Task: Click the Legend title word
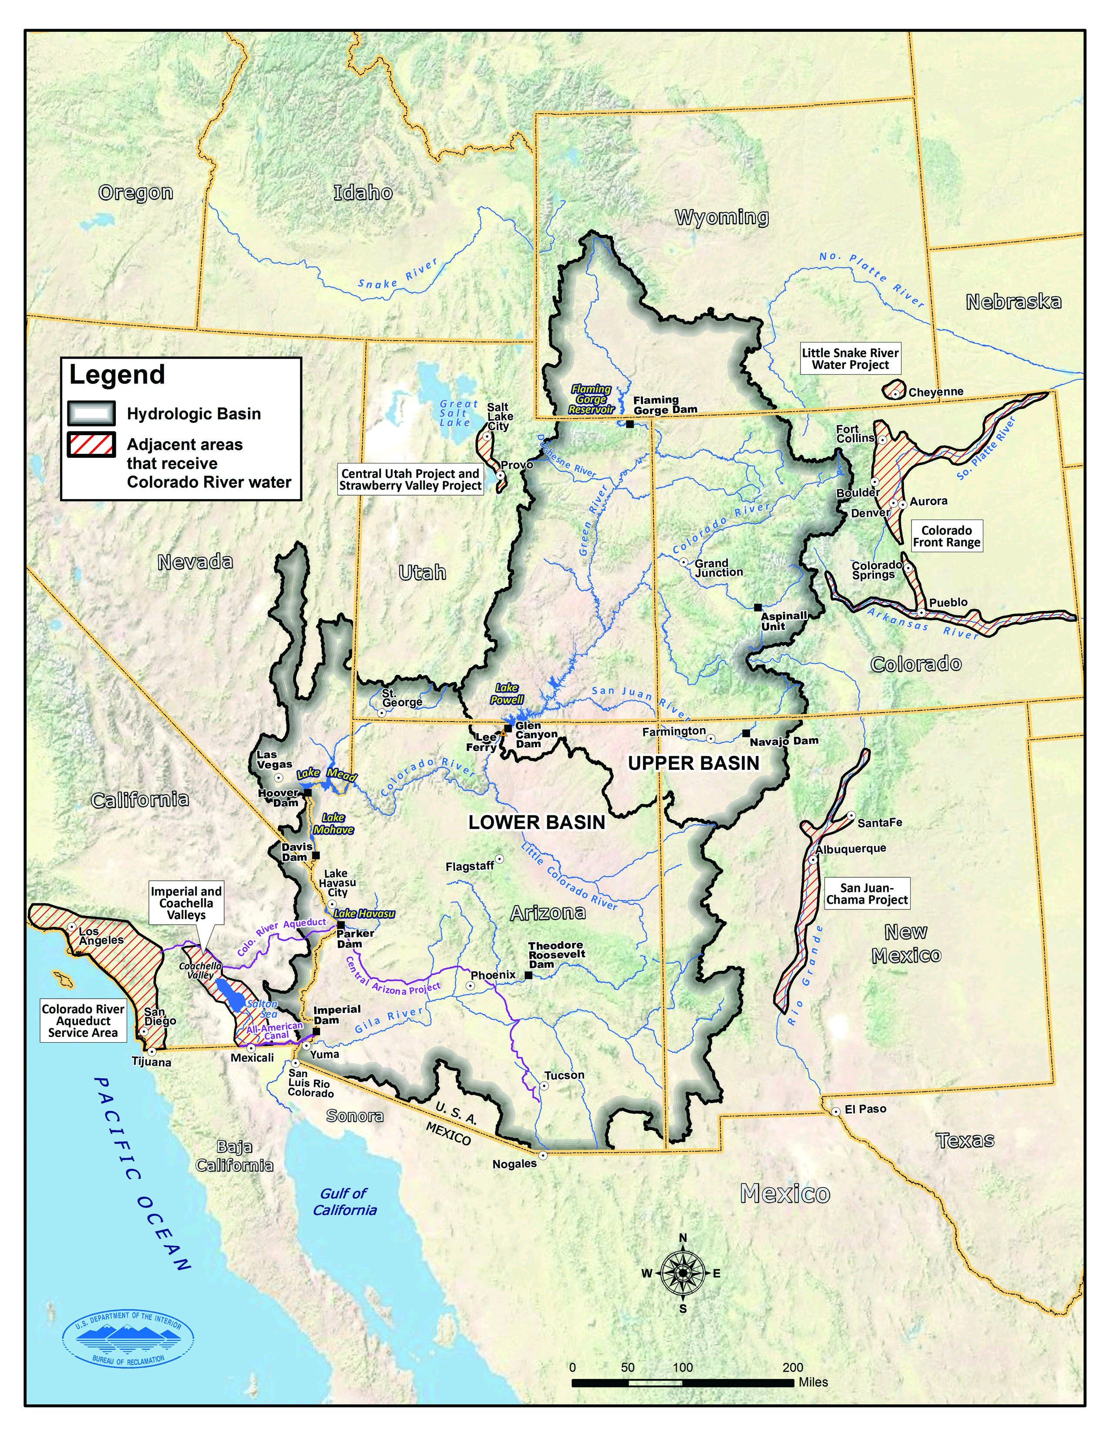(117, 375)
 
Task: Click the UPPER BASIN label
(693, 763)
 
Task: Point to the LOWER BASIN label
(537, 822)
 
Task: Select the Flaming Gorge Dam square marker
(629, 424)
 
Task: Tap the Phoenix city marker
(470, 986)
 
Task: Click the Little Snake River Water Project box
(850, 358)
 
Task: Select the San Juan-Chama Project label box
(867, 893)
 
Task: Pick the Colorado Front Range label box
(946, 536)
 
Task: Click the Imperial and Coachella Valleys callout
(186, 903)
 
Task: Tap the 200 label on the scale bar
(793, 1367)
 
